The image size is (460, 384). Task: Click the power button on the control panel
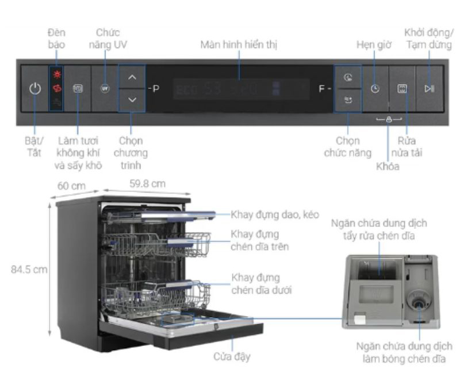(x=36, y=89)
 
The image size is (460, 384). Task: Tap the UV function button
(x=104, y=89)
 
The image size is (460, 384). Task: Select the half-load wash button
(x=402, y=89)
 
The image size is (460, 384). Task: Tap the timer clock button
(x=375, y=89)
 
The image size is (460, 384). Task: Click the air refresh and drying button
(x=78, y=89)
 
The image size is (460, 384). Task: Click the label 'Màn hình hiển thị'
(x=240, y=44)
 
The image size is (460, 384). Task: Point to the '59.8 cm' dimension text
(x=145, y=184)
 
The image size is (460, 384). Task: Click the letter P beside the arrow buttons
(x=155, y=90)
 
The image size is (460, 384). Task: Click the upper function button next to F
(x=348, y=78)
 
